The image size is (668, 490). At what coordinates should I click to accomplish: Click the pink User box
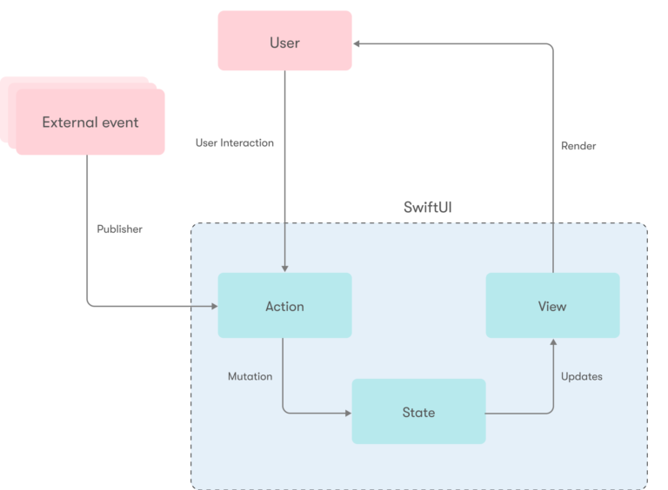(284, 41)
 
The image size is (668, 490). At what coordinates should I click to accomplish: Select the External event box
(90, 122)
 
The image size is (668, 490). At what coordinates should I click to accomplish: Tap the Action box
(284, 306)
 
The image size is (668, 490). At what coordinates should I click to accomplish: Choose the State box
(418, 412)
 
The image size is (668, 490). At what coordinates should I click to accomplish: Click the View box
(552, 306)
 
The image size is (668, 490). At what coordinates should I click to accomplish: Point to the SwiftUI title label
(427, 208)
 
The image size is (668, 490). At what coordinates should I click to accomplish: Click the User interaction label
(234, 142)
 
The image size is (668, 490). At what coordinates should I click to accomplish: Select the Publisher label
(119, 230)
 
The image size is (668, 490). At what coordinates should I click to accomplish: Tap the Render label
(578, 146)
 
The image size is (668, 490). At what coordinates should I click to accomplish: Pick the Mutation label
(250, 376)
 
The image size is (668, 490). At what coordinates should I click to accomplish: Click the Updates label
(581, 376)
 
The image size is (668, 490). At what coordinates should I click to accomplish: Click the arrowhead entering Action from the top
(284, 268)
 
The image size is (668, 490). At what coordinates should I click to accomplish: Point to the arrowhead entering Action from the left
(212, 306)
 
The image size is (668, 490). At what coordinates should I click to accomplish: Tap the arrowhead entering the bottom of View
(552, 343)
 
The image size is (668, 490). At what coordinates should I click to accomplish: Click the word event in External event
(118, 122)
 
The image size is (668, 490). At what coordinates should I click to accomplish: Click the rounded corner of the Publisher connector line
(90, 304)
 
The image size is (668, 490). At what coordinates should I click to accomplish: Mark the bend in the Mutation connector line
(285, 411)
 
